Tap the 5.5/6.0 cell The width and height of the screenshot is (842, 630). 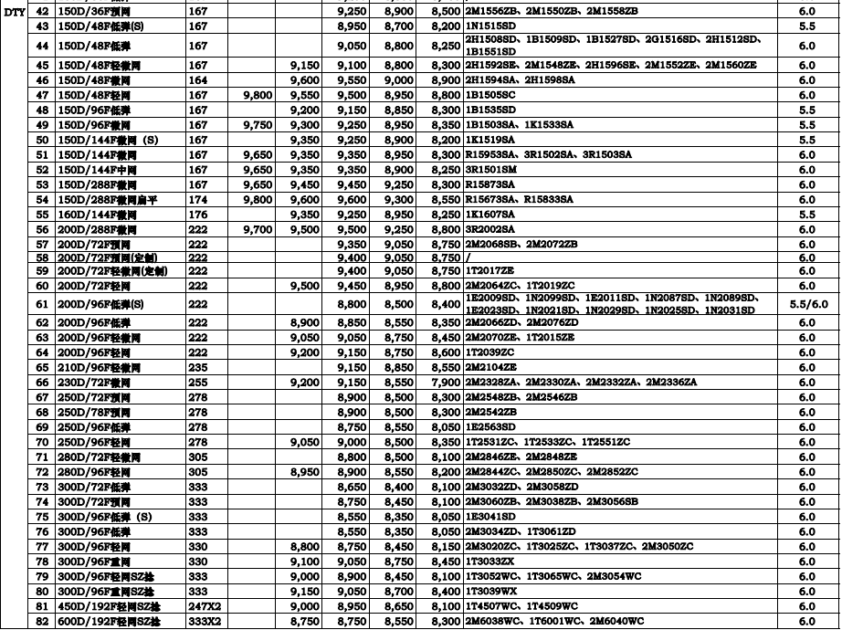pyautogui.click(x=806, y=303)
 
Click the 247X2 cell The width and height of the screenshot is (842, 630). pyautogui.click(x=205, y=605)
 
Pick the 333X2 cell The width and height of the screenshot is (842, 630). pyautogui.click(x=205, y=621)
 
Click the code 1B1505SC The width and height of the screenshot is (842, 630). pyautogui.click(x=490, y=95)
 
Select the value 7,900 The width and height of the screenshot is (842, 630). pyautogui.click(x=445, y=381)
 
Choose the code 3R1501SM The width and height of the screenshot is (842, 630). pyautogui.click(x=491, y=170)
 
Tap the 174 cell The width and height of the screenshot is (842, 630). pyautogui.click(x=198, y=199)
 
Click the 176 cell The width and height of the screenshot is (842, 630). pyautogui.click(x=198, y=214)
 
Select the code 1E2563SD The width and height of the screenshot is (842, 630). pyautogui.click(x=491, y=426)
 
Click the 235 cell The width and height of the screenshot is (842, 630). pyautogui.click(x=198, y=366)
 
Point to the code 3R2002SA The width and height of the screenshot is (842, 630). pyautogui.click(x=490, y=229)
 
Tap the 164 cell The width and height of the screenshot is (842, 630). pyautogui.click(x=198, y=80)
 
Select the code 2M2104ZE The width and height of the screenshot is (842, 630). pyautogui.click(x=491, y=366)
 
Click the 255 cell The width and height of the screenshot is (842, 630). pyautogui.click(x=198, y=381)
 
